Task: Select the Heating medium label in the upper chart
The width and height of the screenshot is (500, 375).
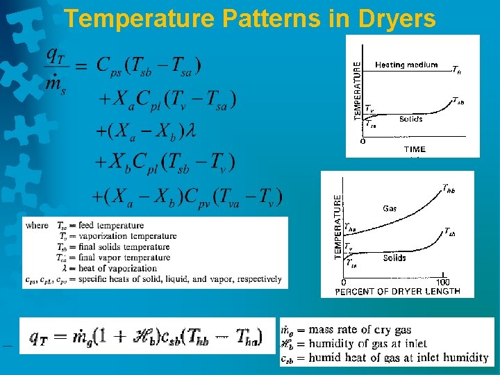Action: coord(406,65)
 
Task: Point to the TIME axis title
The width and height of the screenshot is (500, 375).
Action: coord(415,149)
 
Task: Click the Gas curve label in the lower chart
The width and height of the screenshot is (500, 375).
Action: coord(390,208)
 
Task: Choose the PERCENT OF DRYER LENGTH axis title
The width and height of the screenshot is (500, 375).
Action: coord(397,291)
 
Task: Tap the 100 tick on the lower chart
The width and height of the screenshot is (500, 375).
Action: coord(443,281)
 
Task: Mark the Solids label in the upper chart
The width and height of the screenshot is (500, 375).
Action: coord(410,119)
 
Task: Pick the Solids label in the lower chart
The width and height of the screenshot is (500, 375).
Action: coord(394,258)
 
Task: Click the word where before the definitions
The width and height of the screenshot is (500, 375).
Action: coord(37,226)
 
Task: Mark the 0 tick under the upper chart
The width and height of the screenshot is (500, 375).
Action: coord(363,141)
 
